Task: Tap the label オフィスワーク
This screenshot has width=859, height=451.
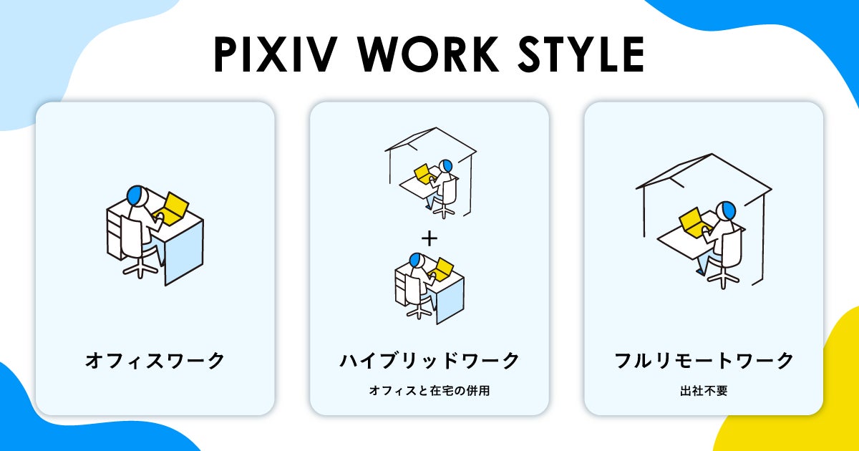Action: tap(155, 361)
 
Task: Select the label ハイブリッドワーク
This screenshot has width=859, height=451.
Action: tap(429, 361)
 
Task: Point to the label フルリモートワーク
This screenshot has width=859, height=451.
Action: tap(704, 361)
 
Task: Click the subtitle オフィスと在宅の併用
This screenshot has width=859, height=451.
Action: tap(429, 391)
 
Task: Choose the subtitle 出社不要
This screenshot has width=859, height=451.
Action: tap(704, 391)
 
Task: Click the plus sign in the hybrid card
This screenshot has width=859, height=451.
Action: tap(429, 236)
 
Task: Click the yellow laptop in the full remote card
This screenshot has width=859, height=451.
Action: tap(691, 220)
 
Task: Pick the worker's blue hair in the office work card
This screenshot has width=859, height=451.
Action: tap(134, 193)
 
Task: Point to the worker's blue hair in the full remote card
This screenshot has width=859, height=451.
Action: tap(729, 210)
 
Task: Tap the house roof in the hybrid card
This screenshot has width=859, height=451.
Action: tap(430, 140)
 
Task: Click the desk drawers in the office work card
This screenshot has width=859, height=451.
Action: tap(115, 229)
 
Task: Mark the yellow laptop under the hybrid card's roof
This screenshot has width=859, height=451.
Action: tap(424, 173)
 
